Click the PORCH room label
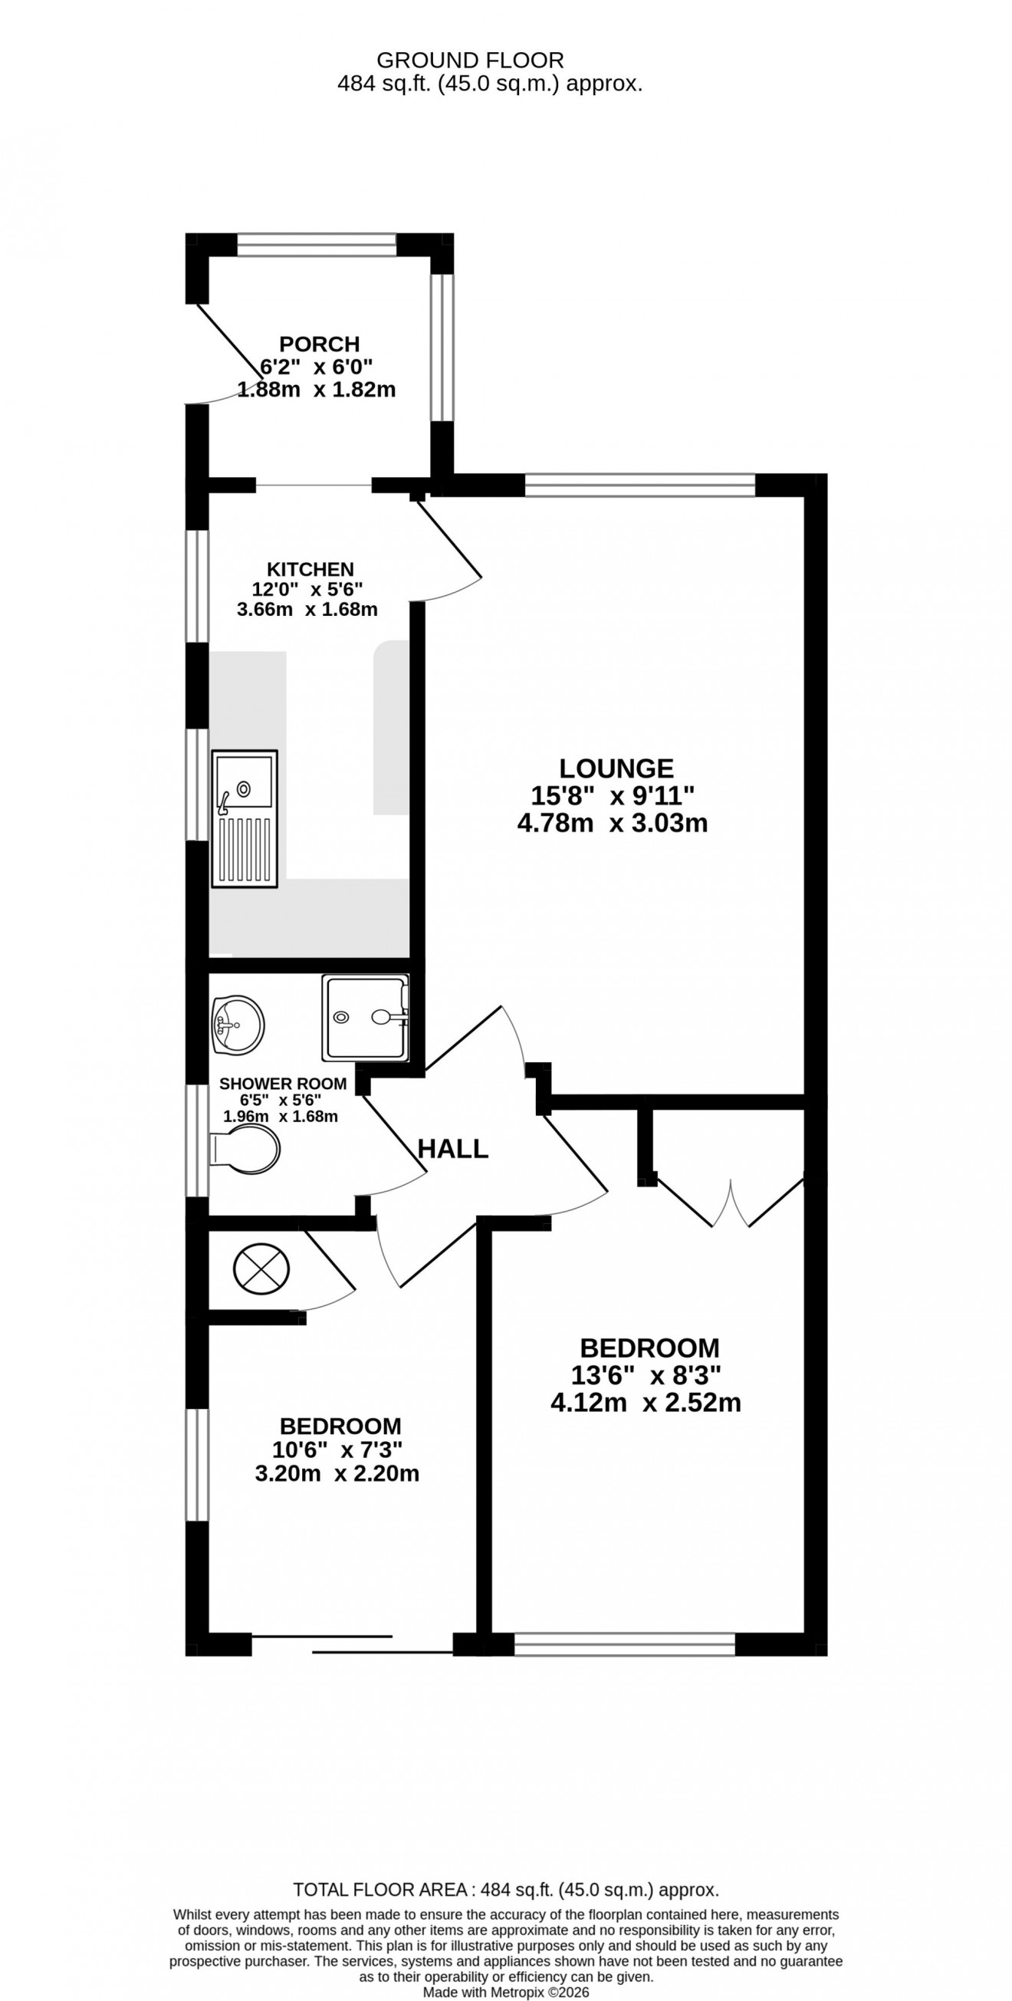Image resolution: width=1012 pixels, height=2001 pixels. click(x=319, y=344)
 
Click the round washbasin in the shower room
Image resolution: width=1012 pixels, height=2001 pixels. click(x=238, y=1025)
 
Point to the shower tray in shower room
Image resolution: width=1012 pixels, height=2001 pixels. click(x=365, y=1019)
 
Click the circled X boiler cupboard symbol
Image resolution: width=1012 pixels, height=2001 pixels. click(x=261, y=1269)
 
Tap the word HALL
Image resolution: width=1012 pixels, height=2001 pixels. click(x=453, y=1149)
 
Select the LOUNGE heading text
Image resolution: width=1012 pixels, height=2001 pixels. click(x=616, y=768)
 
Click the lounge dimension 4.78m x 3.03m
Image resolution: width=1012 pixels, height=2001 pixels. click(x=612, y=823)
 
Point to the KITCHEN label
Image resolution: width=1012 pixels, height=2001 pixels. click(x=310, y=569)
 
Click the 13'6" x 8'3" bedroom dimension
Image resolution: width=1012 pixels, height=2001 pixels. click(x=646, y=1376)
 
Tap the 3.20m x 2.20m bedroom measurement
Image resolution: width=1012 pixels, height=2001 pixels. click(x=337, y=1473)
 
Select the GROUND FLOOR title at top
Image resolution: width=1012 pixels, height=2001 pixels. click(x=470, y=60)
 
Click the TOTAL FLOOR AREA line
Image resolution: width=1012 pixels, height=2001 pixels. click(x=505, y=1890)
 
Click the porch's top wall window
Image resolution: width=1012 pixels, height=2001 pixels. click(x=316, y=245)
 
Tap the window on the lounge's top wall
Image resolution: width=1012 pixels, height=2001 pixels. click(x=640, y=485)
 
